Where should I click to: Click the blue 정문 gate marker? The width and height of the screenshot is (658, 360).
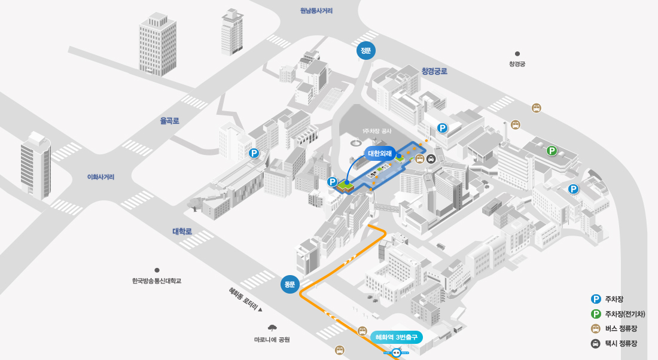[365, 51]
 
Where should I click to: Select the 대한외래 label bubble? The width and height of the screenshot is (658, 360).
[380, 154]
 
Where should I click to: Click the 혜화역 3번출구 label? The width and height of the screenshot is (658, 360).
[396, 337]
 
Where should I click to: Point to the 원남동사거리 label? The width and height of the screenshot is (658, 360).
[316, 11]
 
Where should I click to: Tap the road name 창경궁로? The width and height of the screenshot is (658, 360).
[434, 71]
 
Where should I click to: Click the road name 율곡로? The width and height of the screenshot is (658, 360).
[169, 121]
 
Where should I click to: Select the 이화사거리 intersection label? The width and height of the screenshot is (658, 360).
[100, 177]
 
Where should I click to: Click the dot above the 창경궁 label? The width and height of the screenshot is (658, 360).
[517, 54]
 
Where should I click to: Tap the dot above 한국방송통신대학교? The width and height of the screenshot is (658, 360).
[157, 270]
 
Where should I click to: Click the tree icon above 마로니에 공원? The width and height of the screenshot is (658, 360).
[272, 328]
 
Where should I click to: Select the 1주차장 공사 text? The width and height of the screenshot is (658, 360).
[376, 131]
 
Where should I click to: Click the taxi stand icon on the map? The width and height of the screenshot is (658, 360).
[431, 159]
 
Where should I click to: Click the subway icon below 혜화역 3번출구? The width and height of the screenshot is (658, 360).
[396, 353]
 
